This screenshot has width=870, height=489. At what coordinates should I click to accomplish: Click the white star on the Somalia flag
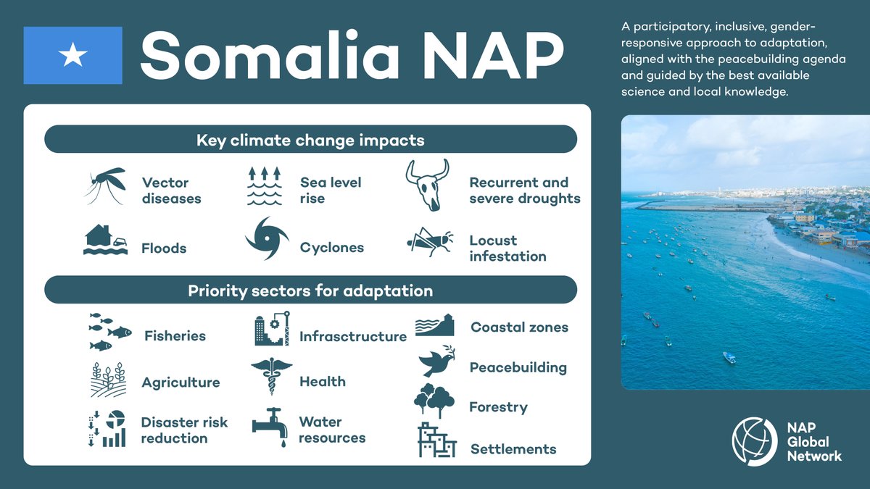pyautogui.click(x=72, y=55)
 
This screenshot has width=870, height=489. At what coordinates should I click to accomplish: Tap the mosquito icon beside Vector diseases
pyautogui.click(x=104, y=188)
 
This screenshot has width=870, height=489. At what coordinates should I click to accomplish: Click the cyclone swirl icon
pyautogui.click(x=266, y=239)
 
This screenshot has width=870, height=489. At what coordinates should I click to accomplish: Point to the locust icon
pyautogui.click(x=430, y=243)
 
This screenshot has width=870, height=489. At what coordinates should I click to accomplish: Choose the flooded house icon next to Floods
pyautogui.click(x=106, y=240)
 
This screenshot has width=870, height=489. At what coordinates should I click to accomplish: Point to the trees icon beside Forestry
pyautogui.click(x=434, y=401)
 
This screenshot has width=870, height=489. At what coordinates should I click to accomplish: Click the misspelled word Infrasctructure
pyautogui.click(x=353, y=337)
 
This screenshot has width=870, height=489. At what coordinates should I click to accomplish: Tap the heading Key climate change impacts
pyautogui.click(x=310, y=140)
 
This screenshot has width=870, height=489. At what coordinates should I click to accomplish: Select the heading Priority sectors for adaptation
pyautogui.click(x=310, y=291)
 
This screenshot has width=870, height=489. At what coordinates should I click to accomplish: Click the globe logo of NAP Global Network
pyautogui.click(x=754, y=441)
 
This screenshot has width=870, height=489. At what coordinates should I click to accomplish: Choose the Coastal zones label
pyautogui.click(x=519, y=327)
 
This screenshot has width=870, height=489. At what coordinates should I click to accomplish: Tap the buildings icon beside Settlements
pyautogui.click(x=436, y=440)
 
